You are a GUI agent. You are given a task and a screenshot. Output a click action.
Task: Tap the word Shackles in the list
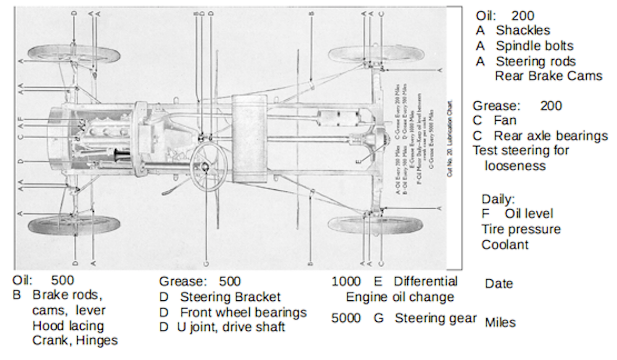[523, 31]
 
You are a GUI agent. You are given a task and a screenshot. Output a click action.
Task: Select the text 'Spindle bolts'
[534, 46]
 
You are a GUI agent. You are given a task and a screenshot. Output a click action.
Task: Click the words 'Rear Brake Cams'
[548, 77]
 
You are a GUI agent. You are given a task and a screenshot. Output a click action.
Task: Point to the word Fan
[505, 121]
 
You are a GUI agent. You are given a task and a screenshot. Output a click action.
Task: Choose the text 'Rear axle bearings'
[551, 136]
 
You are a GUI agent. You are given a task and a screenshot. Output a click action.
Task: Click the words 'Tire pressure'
[521, 229]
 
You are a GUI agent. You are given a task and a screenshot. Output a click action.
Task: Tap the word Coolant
[505, 245]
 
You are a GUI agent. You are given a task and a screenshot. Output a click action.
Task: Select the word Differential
[425, 282]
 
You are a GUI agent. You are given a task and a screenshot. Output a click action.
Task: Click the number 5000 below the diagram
[346, 318]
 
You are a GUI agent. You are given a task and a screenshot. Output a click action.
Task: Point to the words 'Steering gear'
[435, 318]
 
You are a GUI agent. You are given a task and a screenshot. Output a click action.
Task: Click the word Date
[499, 284]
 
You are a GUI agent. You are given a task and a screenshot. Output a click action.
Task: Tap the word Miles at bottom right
[500, 323]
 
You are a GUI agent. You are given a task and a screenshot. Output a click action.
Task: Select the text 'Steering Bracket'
[230, 297]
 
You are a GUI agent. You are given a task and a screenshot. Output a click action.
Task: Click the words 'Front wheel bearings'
[243, 313]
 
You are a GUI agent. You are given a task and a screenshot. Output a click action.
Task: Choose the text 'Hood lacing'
[68, 326]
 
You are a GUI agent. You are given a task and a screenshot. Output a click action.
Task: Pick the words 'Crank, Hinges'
[75, 340]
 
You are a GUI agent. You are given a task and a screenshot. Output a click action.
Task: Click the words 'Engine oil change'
[400, 297]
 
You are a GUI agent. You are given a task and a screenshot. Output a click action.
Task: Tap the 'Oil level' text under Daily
[529, 213]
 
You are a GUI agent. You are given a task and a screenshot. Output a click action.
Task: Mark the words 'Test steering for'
[521, 151]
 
